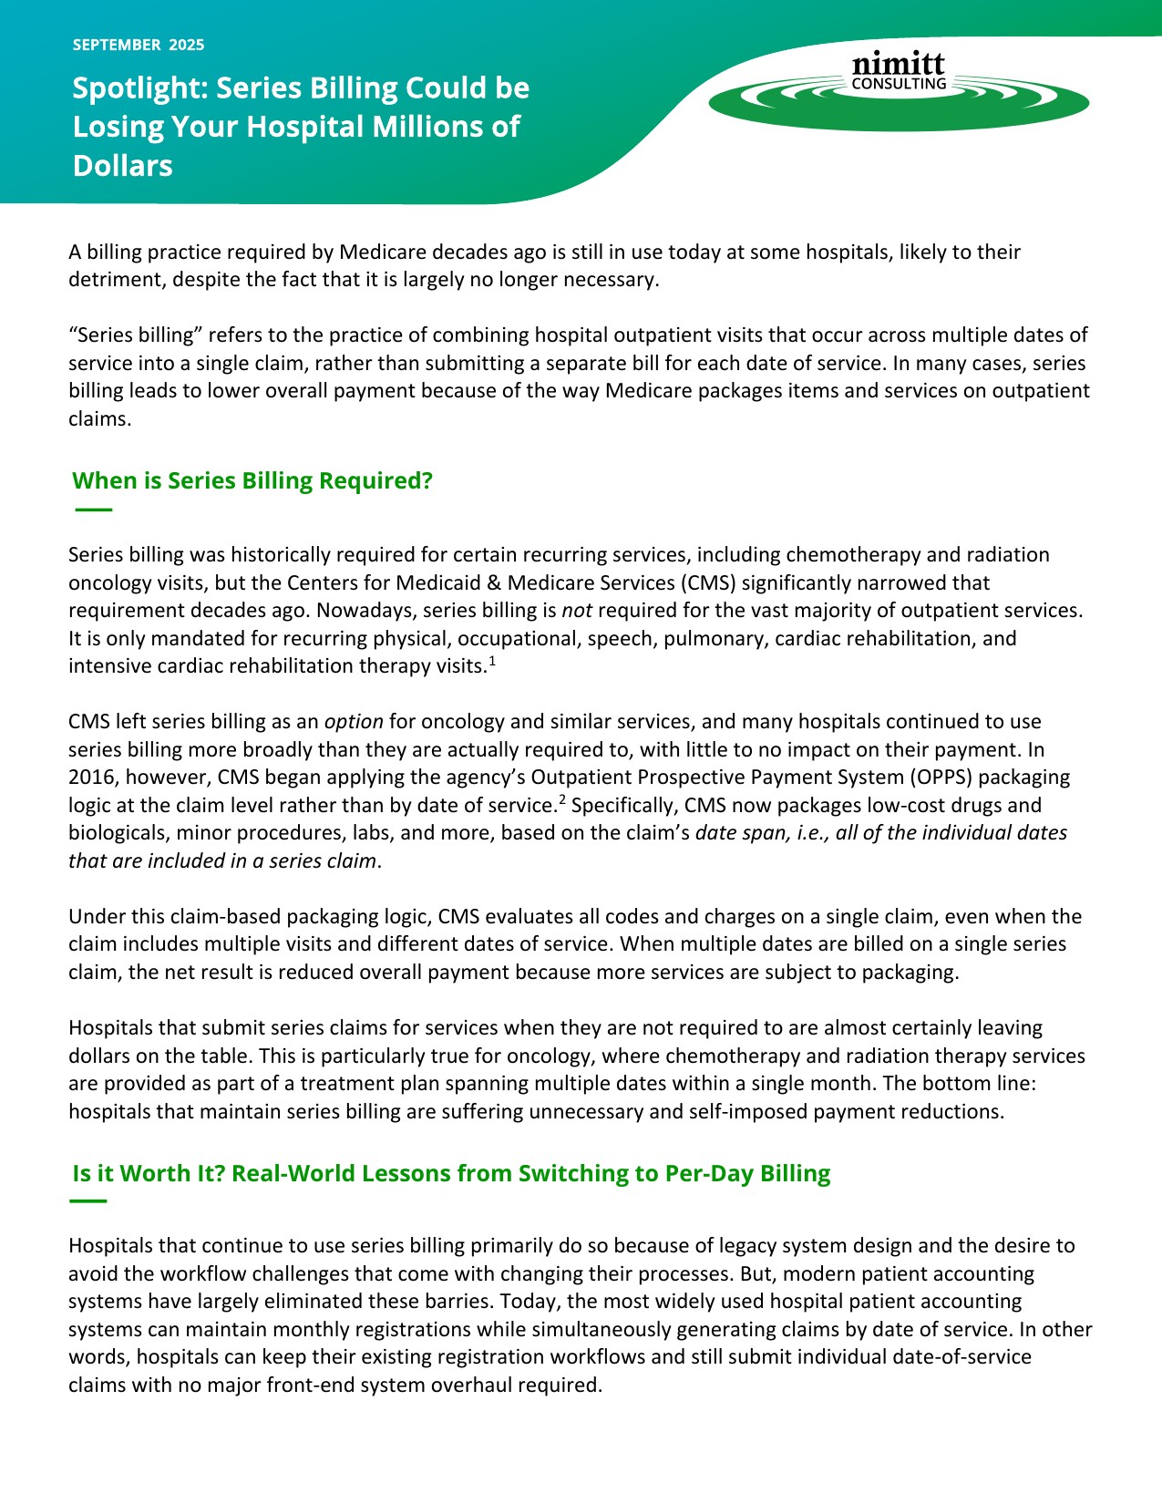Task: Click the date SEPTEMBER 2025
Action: tap(139, 45)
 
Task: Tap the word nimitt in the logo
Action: tap(898, 64)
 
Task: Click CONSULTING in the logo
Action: tap(899, 84)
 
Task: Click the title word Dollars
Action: tap(123, 166)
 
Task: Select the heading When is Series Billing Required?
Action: tap(252, 480)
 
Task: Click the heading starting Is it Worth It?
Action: tap(451, 1173)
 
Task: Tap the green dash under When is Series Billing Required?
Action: tap(93, 510)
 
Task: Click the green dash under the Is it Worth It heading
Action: tap(88, 1201)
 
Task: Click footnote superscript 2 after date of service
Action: tap(562, 800)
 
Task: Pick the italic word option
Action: tap(354, 722)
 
